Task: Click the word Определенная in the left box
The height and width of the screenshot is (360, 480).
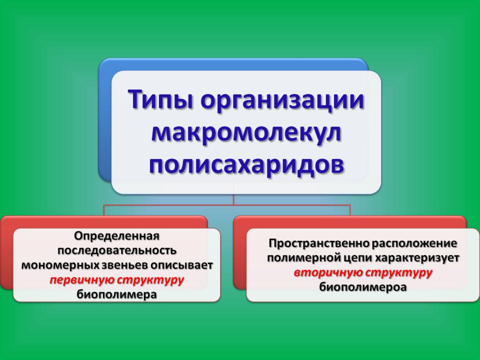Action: point(116,236)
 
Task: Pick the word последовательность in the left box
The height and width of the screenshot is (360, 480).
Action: point(117,250)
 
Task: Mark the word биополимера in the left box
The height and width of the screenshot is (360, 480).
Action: point(116,294)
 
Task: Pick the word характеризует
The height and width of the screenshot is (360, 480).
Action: point(417,258)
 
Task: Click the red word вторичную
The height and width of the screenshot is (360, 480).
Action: point(328,272)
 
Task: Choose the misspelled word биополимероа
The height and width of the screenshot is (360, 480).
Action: point(363,287)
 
